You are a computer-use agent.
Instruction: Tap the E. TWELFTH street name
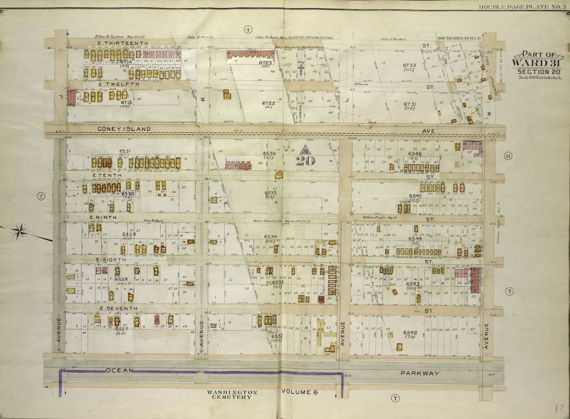[118, 84]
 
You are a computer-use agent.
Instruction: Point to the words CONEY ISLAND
[124, 129]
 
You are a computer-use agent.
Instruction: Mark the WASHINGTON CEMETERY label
[232, 395]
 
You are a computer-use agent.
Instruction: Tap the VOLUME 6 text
[299, 392]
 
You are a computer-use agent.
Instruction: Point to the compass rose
[20, 231]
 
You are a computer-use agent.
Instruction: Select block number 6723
[265, 63]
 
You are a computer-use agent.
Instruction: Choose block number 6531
[124, 151]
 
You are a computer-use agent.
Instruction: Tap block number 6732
[410, 66]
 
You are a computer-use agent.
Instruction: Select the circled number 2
[40, 195]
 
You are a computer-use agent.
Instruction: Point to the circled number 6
[508, 156]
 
